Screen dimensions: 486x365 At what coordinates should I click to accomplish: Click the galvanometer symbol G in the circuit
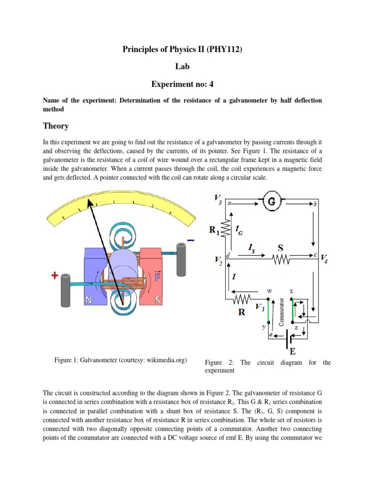[272, 203]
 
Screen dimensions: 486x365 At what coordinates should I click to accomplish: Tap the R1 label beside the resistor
[215, 231]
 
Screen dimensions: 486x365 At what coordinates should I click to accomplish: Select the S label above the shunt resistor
[281, 248]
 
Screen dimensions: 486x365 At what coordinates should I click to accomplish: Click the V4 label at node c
[325, 258]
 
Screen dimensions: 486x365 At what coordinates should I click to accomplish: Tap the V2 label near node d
[218, 260]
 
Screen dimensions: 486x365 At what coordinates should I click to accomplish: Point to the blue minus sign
[191, 241]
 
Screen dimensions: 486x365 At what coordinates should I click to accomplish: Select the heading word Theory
[56, 126]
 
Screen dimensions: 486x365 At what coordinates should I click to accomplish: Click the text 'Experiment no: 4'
[182, 84]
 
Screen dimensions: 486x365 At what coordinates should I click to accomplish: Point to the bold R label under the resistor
[241, 313]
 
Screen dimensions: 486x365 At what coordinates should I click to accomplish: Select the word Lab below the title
[182, 66]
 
